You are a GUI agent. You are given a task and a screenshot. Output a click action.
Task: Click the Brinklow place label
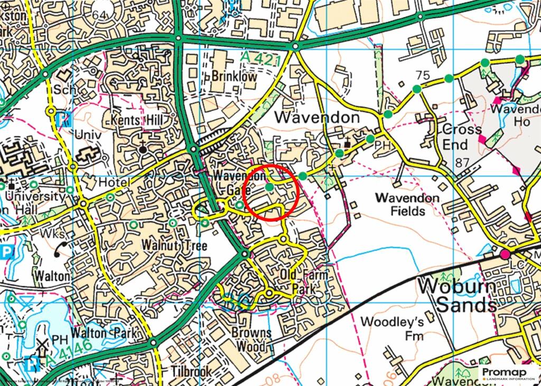click(234, 76)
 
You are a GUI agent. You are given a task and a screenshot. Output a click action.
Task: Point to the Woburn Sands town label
click(458, 295)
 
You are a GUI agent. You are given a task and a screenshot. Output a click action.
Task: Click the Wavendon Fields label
click(407, 204)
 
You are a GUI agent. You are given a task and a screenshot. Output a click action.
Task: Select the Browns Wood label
click(251, 339)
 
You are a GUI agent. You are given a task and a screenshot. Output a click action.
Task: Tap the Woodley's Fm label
click(386, 327)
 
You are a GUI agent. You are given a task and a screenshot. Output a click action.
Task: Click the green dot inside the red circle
click(269, 187)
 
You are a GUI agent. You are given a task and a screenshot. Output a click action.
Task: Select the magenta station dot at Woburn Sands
click(505, 255)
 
